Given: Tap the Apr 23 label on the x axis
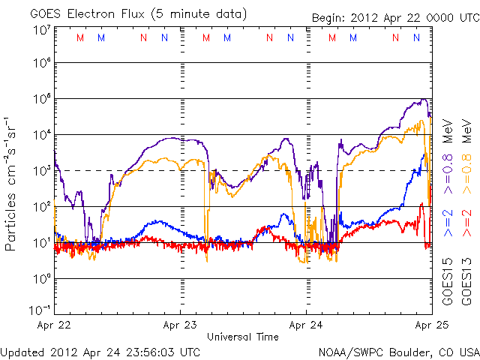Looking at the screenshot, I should pos(181,325).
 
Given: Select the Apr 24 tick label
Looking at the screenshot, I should pos(306,325).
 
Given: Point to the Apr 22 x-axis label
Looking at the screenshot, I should pos(54,325).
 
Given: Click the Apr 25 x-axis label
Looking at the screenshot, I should pos(430,325).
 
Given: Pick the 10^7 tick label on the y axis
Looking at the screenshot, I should pos(41,29).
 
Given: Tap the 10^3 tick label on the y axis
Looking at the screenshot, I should pos(41,170).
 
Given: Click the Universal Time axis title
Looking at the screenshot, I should pos(243,337).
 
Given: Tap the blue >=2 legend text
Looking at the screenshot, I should pos(448,223).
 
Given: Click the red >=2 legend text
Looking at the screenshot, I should pos(464,223).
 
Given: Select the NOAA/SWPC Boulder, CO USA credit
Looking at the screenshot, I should pos(398,351).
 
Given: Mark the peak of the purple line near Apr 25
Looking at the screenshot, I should pos(424,99).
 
